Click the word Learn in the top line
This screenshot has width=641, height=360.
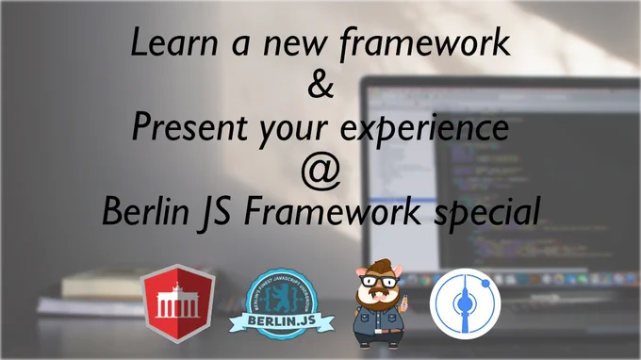pyautogui.click(x=174, y=42)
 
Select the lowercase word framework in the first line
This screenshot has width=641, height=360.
pyautogui.click(x=425, y=43)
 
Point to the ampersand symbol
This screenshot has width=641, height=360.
pyautogui.click(x=320, y=85)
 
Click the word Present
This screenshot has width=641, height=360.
pyautogui.click(x=189, y=126)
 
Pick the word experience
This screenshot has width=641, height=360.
pyautogui.click(x=424, y=129)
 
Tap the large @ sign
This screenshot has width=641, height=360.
pyautogui.click(x=320, y=172)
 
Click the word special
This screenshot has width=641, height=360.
pyautogui.click(x=487, y=212)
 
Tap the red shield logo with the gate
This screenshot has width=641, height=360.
pyautogui.click(x=178, y=303)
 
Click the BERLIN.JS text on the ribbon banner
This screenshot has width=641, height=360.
pyautogui.click(x=282, y=320)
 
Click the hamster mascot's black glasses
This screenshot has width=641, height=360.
pyautogui.click(x=379, y=281)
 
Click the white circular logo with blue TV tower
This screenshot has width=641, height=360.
pyautogui.click(x=466, y=303)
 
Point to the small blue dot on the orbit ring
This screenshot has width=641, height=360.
pyautogui.click(x=485, y=283)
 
